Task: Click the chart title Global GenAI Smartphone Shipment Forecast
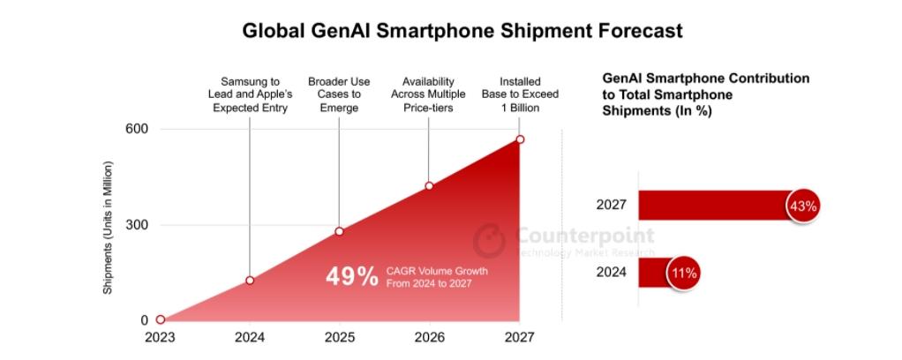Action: (462, 30)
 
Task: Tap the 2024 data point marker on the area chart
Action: (250, 280)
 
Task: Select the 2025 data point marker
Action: (339, 231)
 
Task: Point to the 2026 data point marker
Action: (429, 185)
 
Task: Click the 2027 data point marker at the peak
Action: (520, 139)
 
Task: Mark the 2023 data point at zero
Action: (160, 319)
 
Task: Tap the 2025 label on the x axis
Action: (339, 337)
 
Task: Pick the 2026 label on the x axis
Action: (429, 337)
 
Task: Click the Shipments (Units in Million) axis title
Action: (109, 227)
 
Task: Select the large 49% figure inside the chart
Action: (352, 276)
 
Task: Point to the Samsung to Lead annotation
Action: (250, 94)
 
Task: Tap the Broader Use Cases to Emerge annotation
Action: (339, 94)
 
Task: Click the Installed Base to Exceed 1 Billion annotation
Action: (520, 94)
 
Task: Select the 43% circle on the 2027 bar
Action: (803, 206)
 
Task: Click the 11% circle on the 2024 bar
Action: (684, 273)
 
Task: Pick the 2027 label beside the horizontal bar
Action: (612, 205)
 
